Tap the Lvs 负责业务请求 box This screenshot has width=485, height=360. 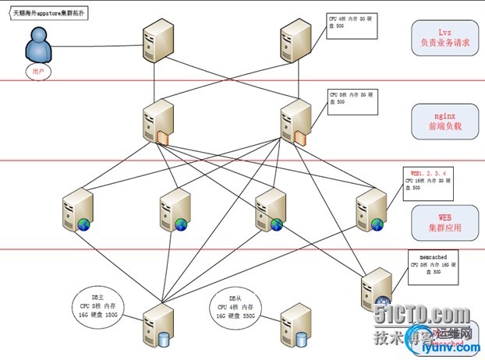point(442,38)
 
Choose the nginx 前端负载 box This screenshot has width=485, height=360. point(442,122)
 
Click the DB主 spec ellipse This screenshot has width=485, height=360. point(99,305)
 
